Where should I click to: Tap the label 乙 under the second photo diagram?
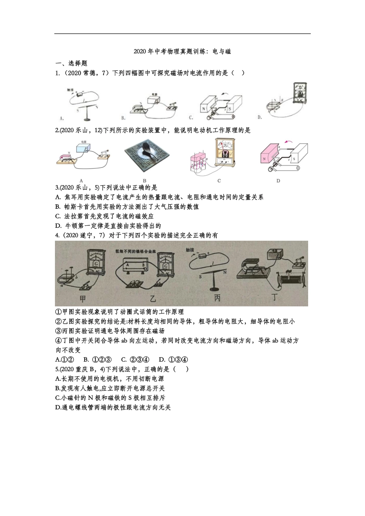(153, 299)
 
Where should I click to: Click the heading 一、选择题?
(72, 63)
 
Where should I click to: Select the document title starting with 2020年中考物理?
(182, 51)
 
